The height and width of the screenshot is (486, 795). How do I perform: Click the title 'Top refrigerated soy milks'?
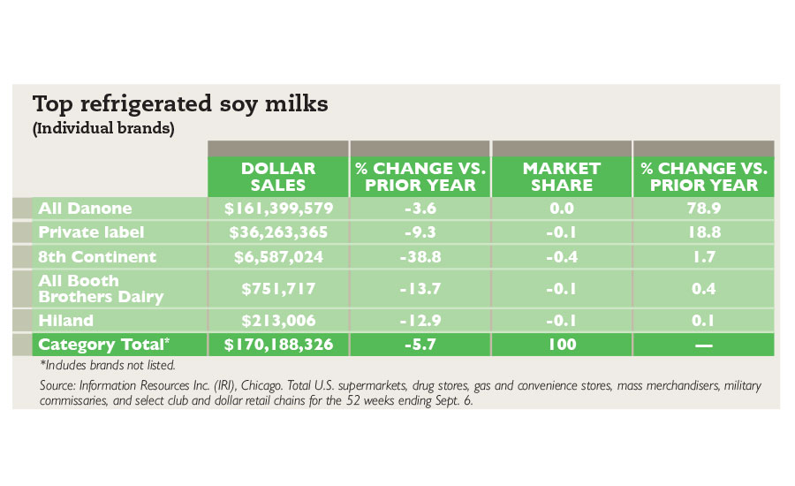180,104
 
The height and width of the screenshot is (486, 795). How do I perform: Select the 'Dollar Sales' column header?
278,177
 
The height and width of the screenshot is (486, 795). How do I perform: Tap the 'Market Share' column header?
561,177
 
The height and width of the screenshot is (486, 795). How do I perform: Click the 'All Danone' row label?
85,209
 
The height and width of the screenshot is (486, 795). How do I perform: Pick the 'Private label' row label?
92,232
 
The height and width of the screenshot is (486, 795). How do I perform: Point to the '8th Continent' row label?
96,257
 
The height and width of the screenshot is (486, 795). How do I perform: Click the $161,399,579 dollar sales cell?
278,209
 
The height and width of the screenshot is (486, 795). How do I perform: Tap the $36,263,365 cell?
278,232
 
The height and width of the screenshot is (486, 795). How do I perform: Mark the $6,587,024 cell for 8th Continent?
278,257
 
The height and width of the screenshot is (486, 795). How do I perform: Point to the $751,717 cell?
278,289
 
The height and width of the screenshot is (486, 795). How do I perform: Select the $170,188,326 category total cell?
278,344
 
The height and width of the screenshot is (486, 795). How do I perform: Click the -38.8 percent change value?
420,257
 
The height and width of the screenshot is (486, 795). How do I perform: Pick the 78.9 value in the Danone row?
703,209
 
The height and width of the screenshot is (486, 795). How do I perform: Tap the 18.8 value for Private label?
703,232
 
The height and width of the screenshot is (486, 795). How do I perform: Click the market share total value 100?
561,344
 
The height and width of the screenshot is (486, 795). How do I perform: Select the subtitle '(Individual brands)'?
102,128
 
